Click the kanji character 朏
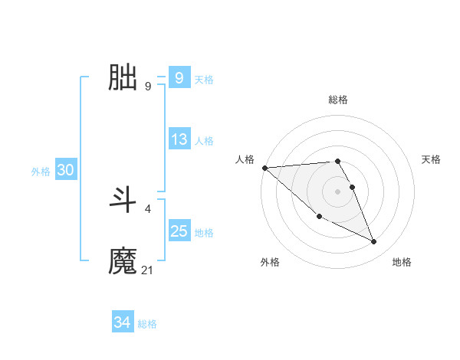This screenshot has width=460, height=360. [x=123, y=77]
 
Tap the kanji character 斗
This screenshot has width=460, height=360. [x=123, y=200]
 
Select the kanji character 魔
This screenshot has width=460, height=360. [x=123, y=261]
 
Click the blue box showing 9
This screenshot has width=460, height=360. [x=179, y=78]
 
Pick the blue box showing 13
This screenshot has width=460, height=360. [x=179, y=139]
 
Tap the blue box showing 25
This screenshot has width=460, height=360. [x=179, y=231]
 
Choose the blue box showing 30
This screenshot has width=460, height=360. [x=65, y=171]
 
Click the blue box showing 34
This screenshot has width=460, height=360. [x=122, y=323]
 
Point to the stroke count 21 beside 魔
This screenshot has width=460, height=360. [x=148, y=270]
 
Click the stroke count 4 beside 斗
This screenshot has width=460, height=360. [x=148, y=208]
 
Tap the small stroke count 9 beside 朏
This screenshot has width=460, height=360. [x=148, y=86]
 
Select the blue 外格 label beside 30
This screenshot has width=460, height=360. [x=41, y=172]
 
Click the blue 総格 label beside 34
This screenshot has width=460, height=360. [x=147, y=324]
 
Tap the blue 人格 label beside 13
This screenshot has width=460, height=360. [x=204, y=141]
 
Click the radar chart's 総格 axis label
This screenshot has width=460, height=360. [x=338, y=100]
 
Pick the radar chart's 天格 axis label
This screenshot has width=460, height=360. [x=432, y=159]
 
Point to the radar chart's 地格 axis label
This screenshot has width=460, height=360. [x=402, y=262]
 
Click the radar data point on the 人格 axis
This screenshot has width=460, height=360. [x=264, y=168]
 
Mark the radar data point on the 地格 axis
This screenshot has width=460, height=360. [x=374, y=242]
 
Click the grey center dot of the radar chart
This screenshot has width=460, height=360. [x=338, y=191]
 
